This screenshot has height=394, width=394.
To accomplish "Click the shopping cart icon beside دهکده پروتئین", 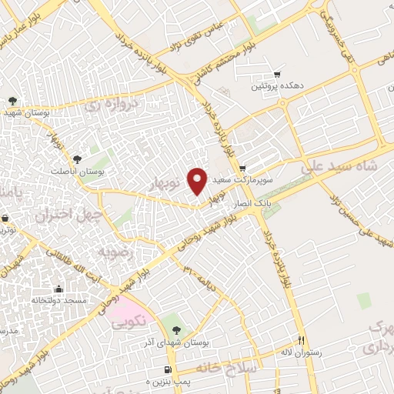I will click(x=276, y=75).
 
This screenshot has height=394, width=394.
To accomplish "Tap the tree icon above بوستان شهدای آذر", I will click(x=178, y=329).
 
